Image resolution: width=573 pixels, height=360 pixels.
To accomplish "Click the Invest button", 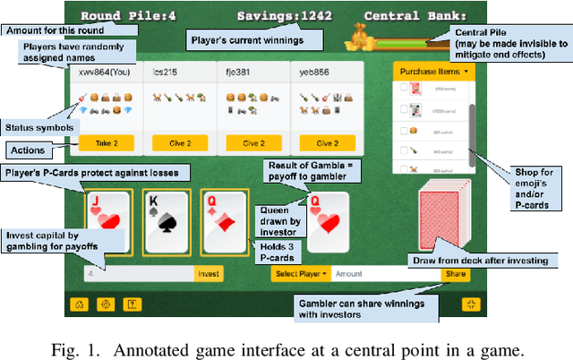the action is pyautogui.click(x=209, y=273).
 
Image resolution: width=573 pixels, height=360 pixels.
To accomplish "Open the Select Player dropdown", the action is pyautogui.click(x=299, y=273).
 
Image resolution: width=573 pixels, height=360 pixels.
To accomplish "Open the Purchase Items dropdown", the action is pyautogui.click(x=434, y=70).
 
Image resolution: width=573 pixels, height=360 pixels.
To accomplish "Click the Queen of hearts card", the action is pyautogui.click(x=327, y=222).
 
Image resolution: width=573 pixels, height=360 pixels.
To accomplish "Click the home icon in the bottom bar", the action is pyautogui.click(x=81, y=304).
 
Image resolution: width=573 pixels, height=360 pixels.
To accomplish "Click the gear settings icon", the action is pyautogui.click(x=106, y=304).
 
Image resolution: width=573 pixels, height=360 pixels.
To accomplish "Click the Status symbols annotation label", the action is pyautogui.click(x=34, y=127).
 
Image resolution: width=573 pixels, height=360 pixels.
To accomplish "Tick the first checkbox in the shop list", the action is pyautogui.click(x=404, y=88).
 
